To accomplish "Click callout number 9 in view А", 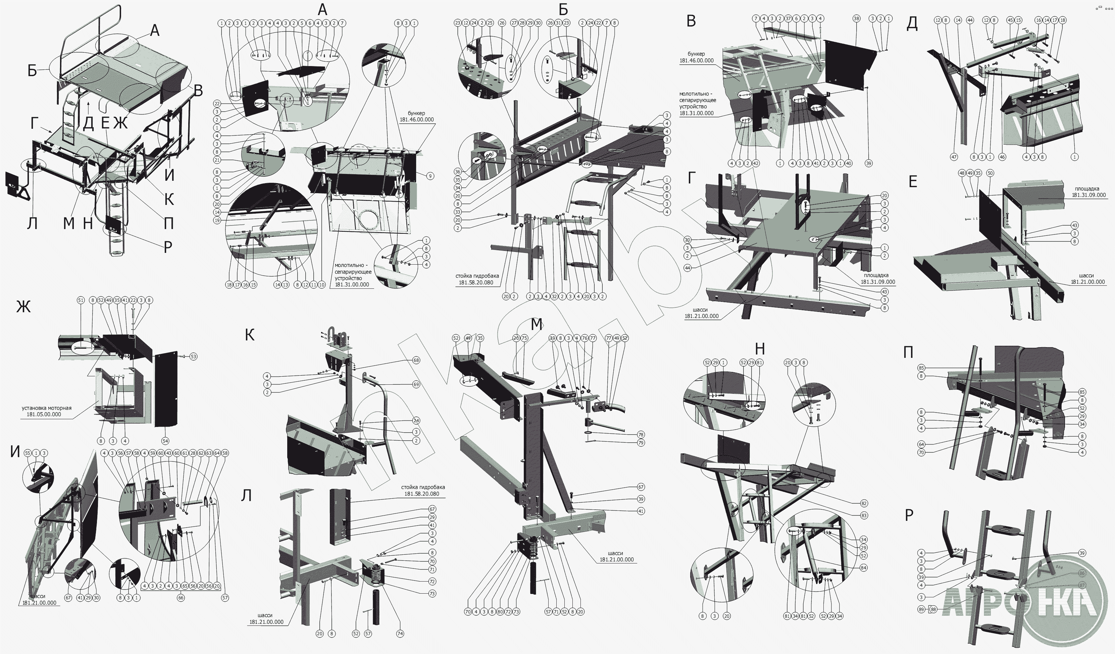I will click(x=430, y=176).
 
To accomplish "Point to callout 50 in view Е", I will click(x=990, y=174).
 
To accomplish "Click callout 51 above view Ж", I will click(x=81, y=300).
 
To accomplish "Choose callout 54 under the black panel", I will click(x=165, y=441).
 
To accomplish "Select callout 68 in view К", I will click(x=416, y=361).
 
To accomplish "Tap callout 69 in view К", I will click(x=416, y=385).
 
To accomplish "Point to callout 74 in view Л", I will click(x=400, y=634).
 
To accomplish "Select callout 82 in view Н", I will click(x=864, y=503).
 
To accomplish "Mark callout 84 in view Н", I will click(x=864, y=568).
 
